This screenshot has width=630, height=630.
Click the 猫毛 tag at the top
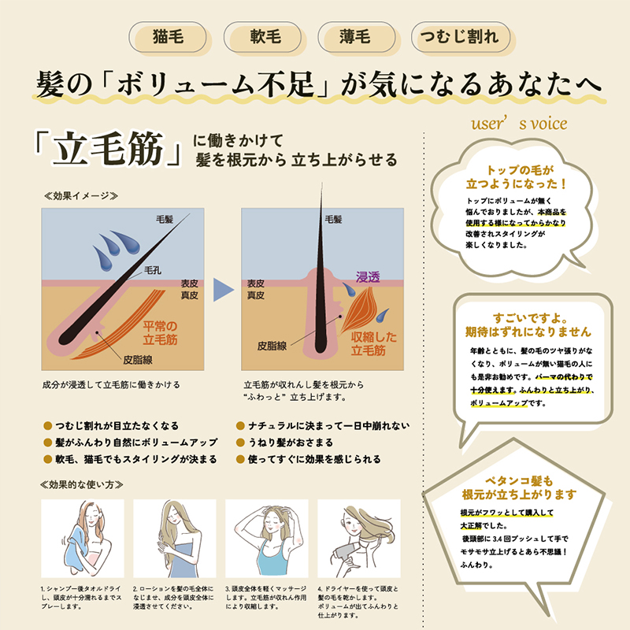168,37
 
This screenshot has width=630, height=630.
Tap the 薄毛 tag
357,37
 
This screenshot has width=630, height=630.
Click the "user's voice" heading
519,124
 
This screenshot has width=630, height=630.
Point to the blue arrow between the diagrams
224,289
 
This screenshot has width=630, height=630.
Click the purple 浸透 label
368,277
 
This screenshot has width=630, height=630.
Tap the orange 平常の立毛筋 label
160,332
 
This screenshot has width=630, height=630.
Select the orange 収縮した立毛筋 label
373,343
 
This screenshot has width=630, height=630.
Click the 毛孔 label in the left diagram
153,270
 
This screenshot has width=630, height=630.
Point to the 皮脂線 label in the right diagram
272,346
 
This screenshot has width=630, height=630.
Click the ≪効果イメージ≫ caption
81,196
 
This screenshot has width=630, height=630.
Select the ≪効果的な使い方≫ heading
82,484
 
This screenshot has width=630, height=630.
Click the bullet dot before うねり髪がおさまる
240,443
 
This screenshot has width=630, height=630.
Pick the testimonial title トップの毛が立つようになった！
517,177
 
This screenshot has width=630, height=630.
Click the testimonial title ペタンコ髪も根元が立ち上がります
519,487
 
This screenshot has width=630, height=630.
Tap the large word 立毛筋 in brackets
109,149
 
